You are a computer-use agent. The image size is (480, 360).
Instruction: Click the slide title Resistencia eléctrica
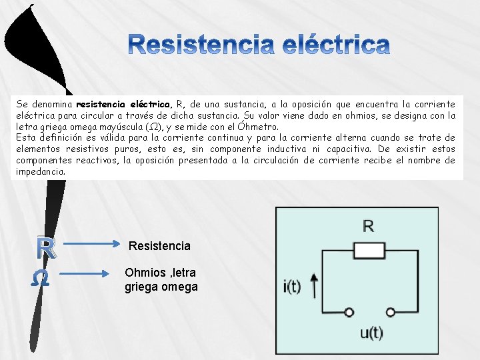tap(259, 45)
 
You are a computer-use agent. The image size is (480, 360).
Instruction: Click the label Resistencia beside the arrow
tap(159, 246)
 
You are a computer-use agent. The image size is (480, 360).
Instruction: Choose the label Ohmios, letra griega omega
tap(161, 280)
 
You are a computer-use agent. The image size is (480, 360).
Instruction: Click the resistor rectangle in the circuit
tap(369, 251)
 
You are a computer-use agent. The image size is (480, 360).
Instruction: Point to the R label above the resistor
tap(369, 227)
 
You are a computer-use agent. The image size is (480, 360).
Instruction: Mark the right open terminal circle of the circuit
tap(392, 311)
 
